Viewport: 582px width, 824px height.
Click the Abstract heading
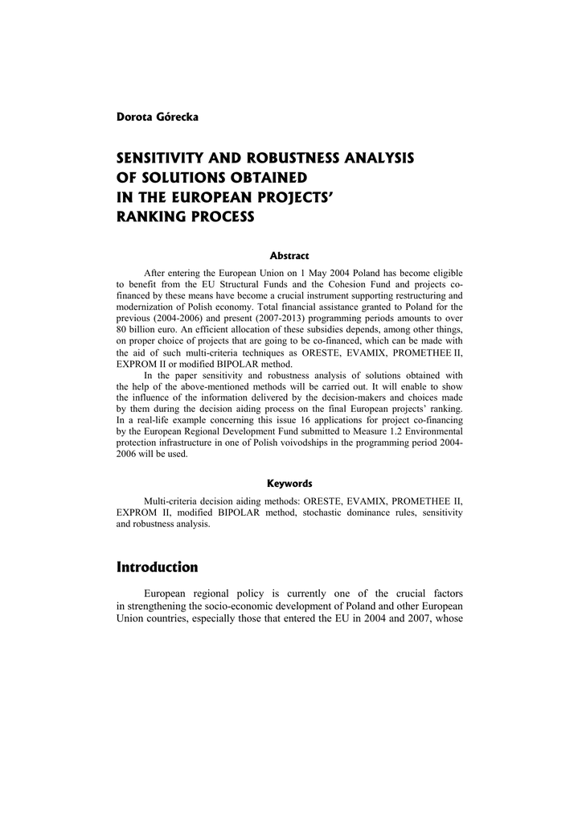289,256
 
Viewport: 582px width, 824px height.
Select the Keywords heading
289,484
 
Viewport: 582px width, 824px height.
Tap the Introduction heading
157,567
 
